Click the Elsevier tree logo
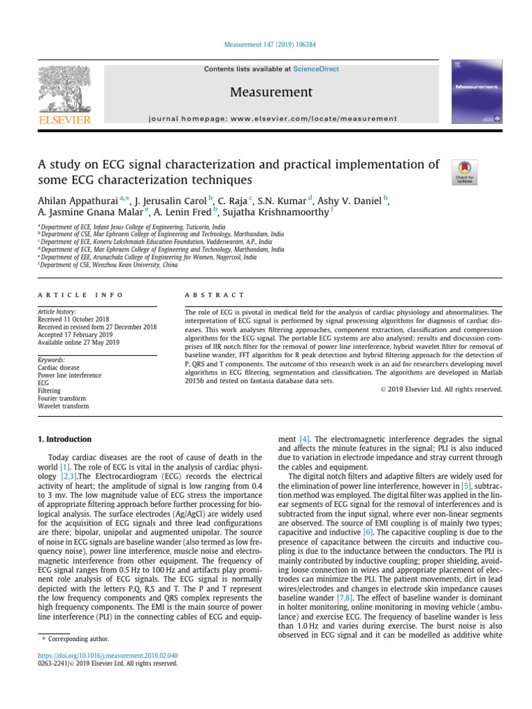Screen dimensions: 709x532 pyautogui.click(x=64, y=89)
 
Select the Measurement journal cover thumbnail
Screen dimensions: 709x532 pyautogui.click(x=477, y=92)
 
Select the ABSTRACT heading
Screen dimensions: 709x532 pyautogui.click(x=215, y=295)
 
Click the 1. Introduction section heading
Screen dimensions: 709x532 pyautogui.click(x=64, y=439)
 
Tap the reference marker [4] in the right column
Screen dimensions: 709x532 pyautogui.click(x=304, y=439)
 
